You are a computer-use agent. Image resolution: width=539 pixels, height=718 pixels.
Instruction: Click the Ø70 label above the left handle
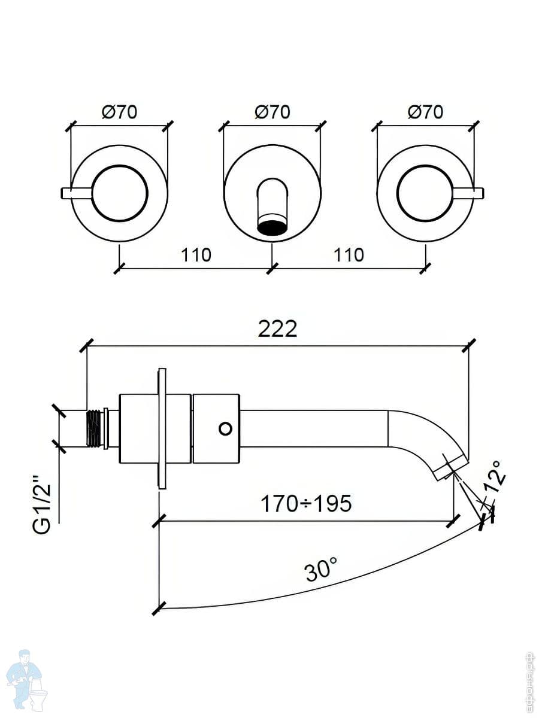click(x=119, y=112)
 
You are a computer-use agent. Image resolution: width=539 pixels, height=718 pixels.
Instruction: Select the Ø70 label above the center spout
click(x=272, y=112)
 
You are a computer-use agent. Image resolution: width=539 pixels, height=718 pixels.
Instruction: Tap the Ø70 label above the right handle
click(x=425, y=112)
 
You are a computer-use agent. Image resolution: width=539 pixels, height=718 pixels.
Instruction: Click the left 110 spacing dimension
click(x=196, y=255)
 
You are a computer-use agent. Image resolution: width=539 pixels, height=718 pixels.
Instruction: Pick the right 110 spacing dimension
click(x=349, y=255)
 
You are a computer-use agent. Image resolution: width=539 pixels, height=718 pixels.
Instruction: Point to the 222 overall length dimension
click(x=277, y=328)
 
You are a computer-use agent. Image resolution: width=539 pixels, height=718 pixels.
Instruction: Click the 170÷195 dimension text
click(x=305, y=504)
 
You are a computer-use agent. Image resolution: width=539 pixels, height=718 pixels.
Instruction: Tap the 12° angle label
click(x=496, y=476)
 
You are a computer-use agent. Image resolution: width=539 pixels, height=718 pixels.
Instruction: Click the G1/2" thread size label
click(x=42, y=504)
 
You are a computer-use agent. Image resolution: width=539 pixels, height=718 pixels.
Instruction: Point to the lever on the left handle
click(x=75, y=192)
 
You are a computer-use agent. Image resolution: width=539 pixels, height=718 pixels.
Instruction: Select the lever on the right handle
click(x=470, y=192)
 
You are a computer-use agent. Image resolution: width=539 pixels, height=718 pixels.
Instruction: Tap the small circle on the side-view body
click(x=225, y=428)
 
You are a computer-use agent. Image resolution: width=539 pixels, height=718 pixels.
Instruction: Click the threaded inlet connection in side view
click(x=95, y=428)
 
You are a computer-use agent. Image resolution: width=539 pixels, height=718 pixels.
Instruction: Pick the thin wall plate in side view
click(x=162, y=428)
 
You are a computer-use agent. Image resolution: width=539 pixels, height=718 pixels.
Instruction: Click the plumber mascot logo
click(x=27, y=679)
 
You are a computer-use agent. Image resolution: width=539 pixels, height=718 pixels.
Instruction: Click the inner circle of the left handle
click(x=119, y=193)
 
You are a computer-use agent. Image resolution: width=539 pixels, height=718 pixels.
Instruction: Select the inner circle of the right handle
click(x=425, y=193)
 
